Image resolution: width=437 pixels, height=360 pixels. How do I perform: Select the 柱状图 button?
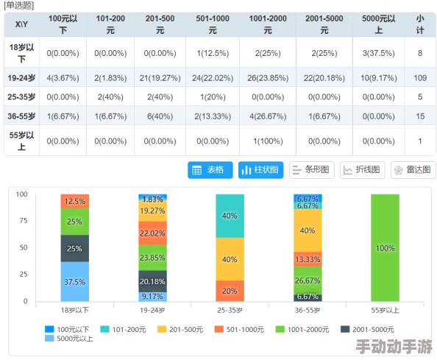click(x=260, y=169)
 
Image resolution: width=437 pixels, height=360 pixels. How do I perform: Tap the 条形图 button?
click(x=312, y=169)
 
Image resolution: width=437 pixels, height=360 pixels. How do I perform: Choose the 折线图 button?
click(x=362, y=169)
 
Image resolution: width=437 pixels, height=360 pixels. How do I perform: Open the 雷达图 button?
click(x=413, y=169)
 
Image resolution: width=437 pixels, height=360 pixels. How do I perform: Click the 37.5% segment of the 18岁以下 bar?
click(x=74, y=281)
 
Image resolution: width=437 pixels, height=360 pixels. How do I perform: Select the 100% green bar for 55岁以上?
click(x=386, y=248)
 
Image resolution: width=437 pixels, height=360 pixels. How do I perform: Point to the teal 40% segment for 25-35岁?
click(x=230, y=216)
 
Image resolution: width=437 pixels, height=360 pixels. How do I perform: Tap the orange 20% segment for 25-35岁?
click(x=230, y=291)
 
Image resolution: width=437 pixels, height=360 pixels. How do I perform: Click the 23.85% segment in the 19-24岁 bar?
click(x=152, y=258)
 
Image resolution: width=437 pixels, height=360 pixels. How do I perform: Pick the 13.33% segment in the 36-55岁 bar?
click(x=307, y=259)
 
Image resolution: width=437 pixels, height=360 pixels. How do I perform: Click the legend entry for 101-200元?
click(x=127, y=329)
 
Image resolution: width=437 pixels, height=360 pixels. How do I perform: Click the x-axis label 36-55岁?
click(x=307, y=311)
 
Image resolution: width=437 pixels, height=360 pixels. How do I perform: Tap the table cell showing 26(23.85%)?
click(x=267, y=77)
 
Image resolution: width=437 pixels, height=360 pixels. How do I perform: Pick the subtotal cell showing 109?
click(x=419, y=77)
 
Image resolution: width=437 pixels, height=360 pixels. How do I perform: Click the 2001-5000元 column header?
click(x=324, y=25)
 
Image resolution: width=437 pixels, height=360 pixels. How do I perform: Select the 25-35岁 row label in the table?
click(x=21, y=96)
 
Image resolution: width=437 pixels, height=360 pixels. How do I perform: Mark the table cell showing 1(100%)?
click(x=267, y=141)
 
